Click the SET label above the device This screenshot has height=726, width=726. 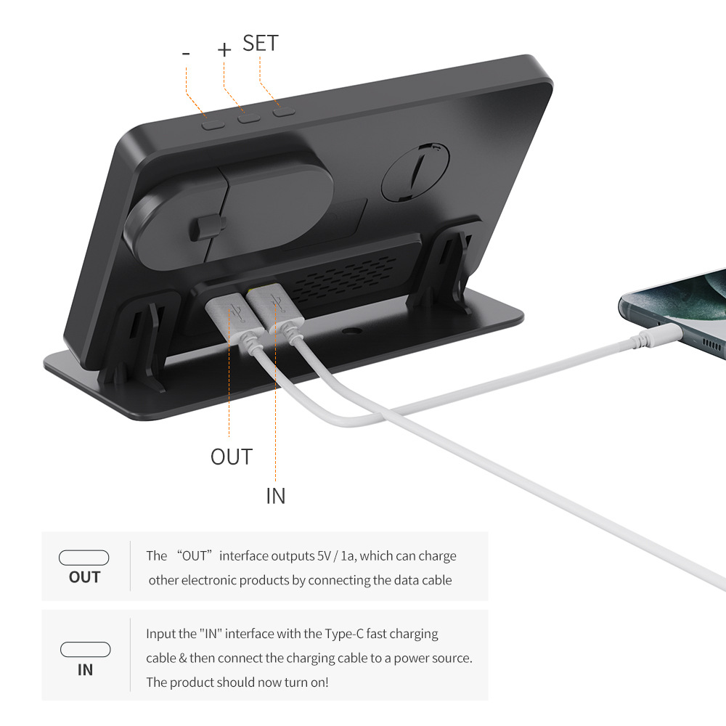coord(260,43)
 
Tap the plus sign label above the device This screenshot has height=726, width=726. coord(224,49)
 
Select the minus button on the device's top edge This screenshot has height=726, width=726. coord(213,124)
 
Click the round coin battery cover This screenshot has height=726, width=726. coord(415,171)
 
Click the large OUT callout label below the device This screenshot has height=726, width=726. coord(232,457)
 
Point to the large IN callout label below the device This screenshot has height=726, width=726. coord(275,496)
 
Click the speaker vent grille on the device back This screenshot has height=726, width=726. coord(344,278)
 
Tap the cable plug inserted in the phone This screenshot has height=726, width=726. coord(657,336)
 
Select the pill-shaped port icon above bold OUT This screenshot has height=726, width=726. coord(83,558)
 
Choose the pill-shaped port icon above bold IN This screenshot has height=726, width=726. coord(85,649)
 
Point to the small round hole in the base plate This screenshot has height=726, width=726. coord(352,332)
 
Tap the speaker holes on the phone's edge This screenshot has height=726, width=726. coord(711,344)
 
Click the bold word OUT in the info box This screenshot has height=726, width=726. coord(84,577)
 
